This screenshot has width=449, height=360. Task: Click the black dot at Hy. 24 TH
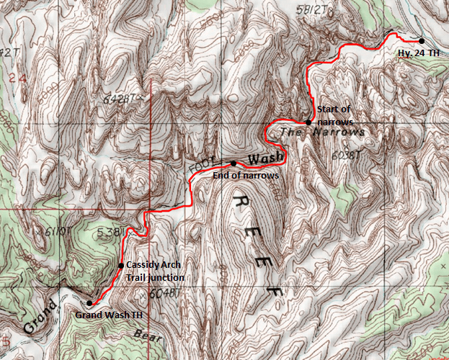click(x=421, y=40)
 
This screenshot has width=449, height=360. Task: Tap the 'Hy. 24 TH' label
click(x=419, y=53)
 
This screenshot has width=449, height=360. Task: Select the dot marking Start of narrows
click(x=308, y=122)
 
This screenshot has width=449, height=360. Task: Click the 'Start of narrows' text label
click(x=334, y=115)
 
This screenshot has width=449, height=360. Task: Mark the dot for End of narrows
click(x=233, y=163)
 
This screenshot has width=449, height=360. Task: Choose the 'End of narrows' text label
click(x=245, y=175)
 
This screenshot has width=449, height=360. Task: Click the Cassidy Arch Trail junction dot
click(x=120, y=266)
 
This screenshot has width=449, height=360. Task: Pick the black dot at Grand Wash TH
click(x=89, y=303)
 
